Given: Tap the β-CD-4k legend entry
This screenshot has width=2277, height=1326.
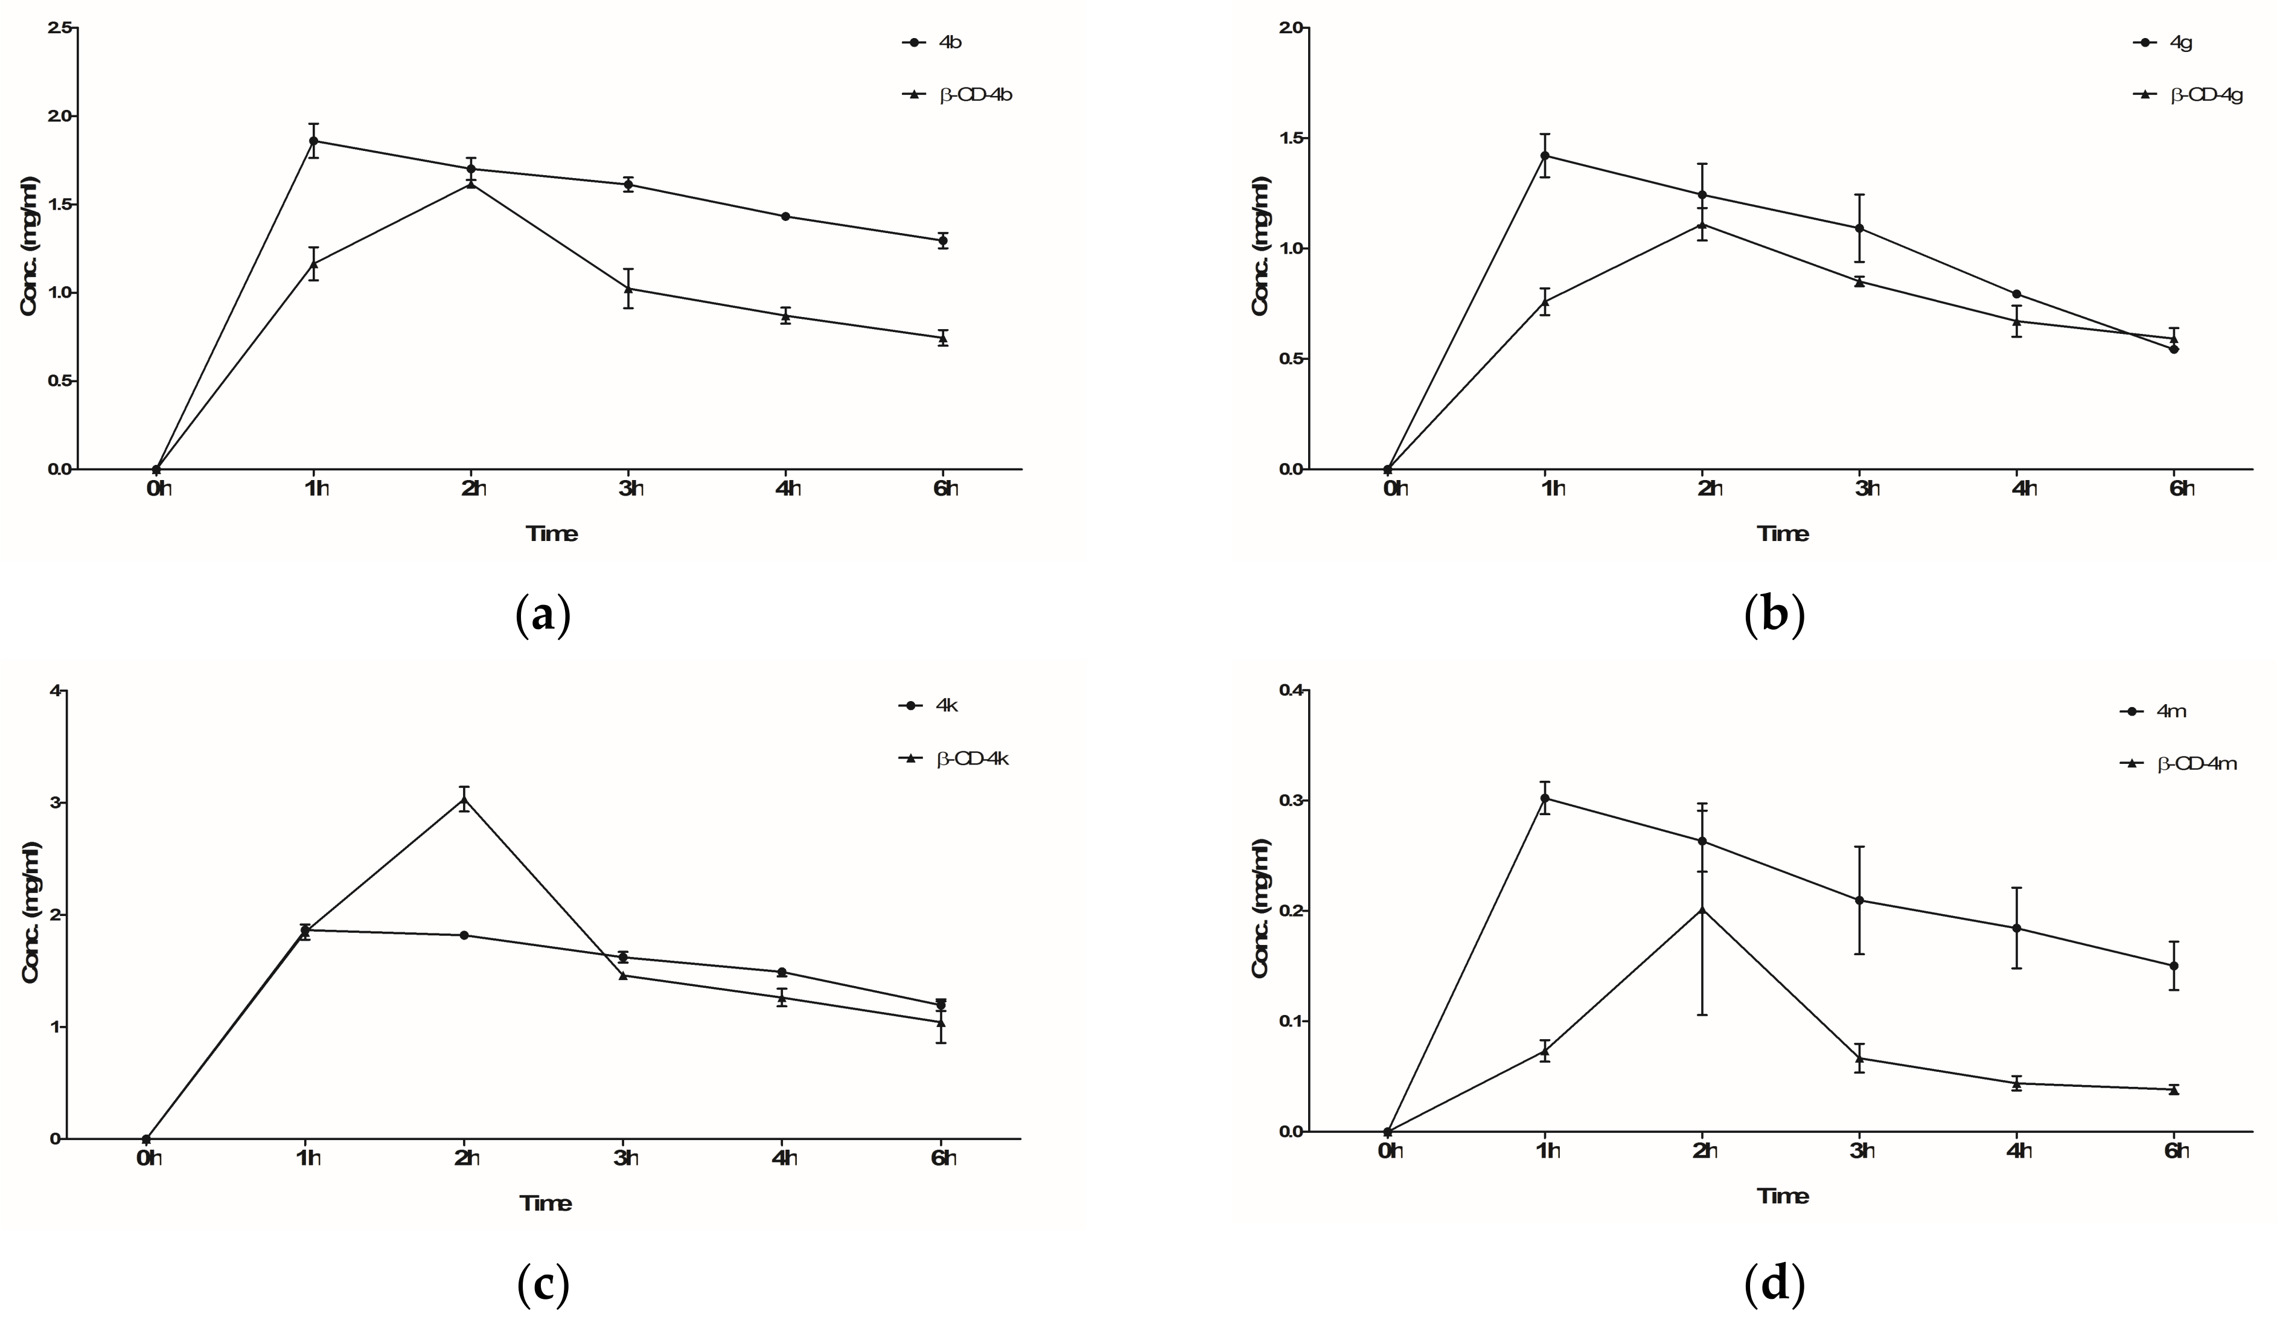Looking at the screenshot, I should (x=971, y=758).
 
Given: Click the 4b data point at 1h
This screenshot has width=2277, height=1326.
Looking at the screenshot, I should (x=313, y=141).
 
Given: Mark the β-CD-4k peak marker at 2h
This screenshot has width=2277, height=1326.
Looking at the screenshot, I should (x=464, y=799).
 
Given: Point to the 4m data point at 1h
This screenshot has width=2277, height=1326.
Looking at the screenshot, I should (x=1545, y=798).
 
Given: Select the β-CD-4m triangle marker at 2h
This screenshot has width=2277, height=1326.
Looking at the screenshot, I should (x=1702, y=909).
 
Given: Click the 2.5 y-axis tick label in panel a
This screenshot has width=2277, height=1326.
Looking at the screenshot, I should (x=62, y=28).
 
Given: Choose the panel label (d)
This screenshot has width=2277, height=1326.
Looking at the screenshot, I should (x=1775, y=1284).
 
